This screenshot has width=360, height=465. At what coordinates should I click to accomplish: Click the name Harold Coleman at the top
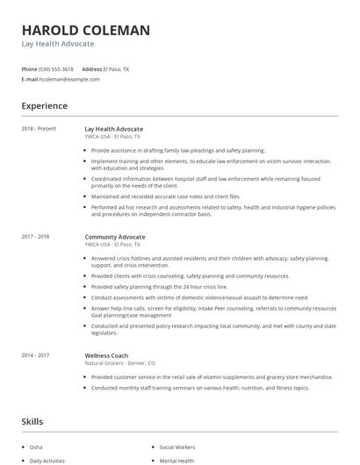tap(85, 30)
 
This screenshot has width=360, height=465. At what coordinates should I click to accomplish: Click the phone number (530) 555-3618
tap(57, 68)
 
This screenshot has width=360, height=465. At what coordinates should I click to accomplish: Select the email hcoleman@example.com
tap(69, 79)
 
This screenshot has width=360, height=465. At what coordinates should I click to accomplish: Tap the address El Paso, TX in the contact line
tap(116, 68)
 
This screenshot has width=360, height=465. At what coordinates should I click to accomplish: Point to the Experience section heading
tap(45, 106)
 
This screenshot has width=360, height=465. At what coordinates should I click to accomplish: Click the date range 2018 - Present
tap(39, 129)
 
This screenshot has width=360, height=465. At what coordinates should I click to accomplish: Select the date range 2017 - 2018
tap(36, 237)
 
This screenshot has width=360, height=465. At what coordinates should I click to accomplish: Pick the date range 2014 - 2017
tap(36, 355)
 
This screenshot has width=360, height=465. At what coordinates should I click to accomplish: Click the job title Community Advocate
tap(115, 237)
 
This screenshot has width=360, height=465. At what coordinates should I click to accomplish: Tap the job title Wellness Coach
tap(108, 355)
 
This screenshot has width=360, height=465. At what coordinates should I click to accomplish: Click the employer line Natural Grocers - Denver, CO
tap(119, 362)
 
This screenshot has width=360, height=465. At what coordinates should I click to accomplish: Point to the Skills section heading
tap(32, 422)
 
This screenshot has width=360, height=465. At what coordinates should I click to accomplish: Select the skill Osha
tap(37, 446)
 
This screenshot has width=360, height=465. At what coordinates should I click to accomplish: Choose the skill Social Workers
tap(178, 446)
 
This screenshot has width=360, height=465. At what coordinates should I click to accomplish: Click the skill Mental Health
tap(176, 460)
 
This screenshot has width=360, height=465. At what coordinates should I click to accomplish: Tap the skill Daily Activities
tap(47, 460)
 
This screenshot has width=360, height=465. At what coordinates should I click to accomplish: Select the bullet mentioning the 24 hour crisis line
tap(159, 286)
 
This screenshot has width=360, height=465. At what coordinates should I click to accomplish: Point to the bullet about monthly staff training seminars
tap(199, 387)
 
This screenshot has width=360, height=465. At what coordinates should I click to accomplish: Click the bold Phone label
tap(29, 68)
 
